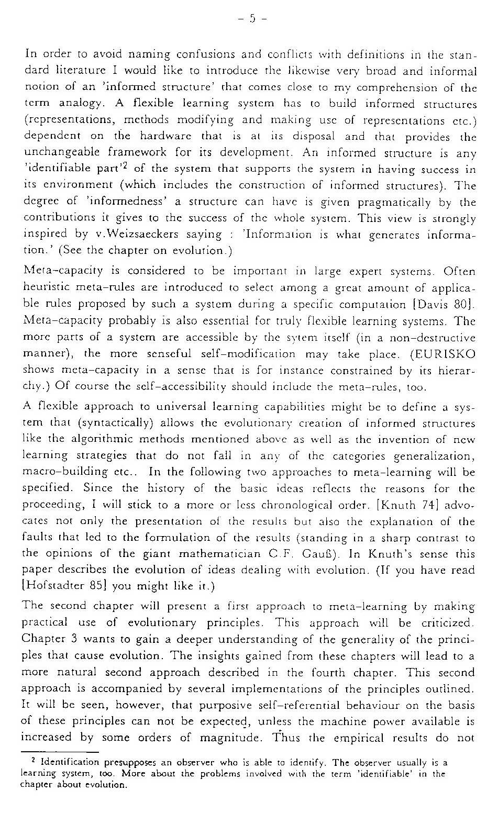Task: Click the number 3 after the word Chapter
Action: point(76,640)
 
